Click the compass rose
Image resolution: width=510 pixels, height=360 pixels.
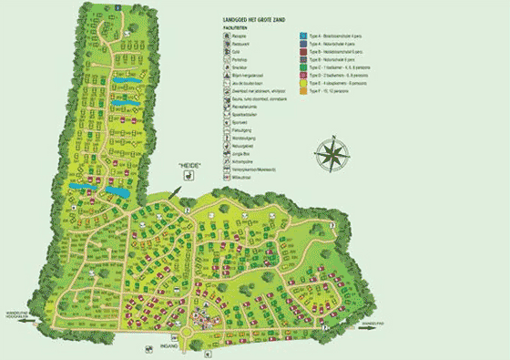(x=334, y=152)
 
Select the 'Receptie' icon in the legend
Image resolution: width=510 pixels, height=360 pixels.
(x=224, y=36)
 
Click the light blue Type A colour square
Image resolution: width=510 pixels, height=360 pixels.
(x=301, y=36)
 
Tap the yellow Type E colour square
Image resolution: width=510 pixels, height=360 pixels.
(x=301, y=84)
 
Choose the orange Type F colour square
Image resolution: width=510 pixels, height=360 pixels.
(x=301, y=92)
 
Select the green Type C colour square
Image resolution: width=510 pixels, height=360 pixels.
(x=301, y=68)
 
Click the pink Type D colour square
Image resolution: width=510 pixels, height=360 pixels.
(x=301, y=77)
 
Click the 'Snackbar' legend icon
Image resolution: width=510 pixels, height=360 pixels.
(x=224, y=68)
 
